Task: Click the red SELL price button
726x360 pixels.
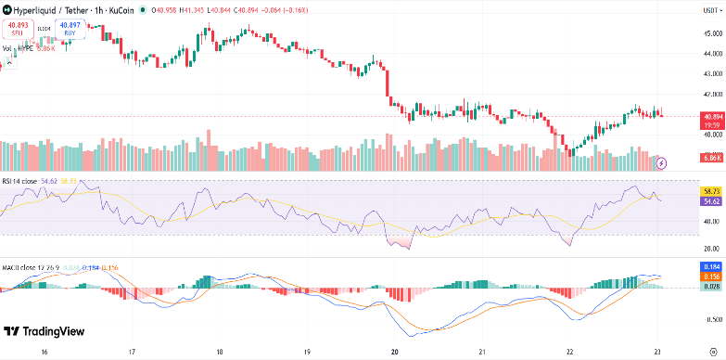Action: point(18,29)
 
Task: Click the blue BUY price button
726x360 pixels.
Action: point(69,29)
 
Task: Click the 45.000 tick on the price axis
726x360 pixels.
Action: point(712,33)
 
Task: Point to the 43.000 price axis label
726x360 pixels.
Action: point(712,73)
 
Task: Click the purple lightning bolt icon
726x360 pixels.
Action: point(661,163)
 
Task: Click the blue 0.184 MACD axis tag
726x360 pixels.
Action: point(712,266)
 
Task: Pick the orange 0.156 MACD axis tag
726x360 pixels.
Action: point(712,276)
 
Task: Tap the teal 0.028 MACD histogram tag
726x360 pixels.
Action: point(712,288)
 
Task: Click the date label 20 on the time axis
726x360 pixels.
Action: point(395,353)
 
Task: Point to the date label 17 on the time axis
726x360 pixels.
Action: point(132,353)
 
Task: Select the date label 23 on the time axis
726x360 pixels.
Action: point(657,353)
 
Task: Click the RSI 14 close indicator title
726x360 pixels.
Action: point(20,180)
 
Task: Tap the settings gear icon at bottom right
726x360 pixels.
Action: point(711,353)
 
